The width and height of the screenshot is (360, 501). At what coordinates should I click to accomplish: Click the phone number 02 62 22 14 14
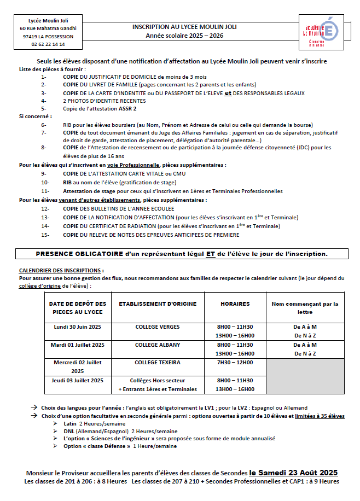pyautogui.click(x=48, y=44)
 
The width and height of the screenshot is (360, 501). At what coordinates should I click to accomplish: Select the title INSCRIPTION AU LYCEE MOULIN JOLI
pyautogui.click(x=185, y=26)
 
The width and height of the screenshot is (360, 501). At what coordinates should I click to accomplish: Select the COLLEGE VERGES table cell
pyautogui.click(x=158, y=327)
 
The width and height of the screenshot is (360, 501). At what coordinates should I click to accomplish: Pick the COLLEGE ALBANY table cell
pyautogui.click(x=158, y=345)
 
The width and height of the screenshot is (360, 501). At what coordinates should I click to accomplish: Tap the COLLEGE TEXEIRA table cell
pyautogui.click(x=158, y=363)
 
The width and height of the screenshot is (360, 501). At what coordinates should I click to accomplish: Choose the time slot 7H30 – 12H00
pyautogui.click(x=235, y=363)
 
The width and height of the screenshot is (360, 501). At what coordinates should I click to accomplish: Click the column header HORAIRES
pyautogui.click(x=235, y=304)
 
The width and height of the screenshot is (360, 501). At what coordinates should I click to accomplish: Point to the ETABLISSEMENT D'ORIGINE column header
pyautogui.click(x=158, y=304)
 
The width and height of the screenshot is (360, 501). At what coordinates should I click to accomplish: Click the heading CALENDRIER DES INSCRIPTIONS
pyautogui.click(x=61, y=270)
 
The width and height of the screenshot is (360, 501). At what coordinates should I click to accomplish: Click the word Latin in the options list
pyautogui.click(x=69, y=424)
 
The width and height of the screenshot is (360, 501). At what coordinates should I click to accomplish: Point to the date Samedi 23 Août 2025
pyautogui.click(x=293, y=472)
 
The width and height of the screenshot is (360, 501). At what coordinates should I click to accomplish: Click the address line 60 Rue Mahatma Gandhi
pyautogui.click(x=48, y=28)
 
